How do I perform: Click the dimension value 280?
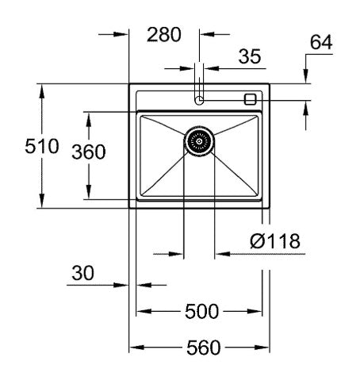(164, 35)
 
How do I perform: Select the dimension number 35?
(250, 57)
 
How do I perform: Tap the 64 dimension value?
(320, 43)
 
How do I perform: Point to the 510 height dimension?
(19, 147)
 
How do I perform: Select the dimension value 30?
(82, 273)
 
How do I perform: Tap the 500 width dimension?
(201, 312)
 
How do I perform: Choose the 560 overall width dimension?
(201, 348)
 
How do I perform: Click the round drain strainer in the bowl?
(199, 141)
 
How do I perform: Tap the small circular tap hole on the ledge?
(199, 100)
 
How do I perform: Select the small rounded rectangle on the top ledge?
(251, 99)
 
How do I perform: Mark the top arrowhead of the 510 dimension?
(41, 89)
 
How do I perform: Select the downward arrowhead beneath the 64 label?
(307, 79)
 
